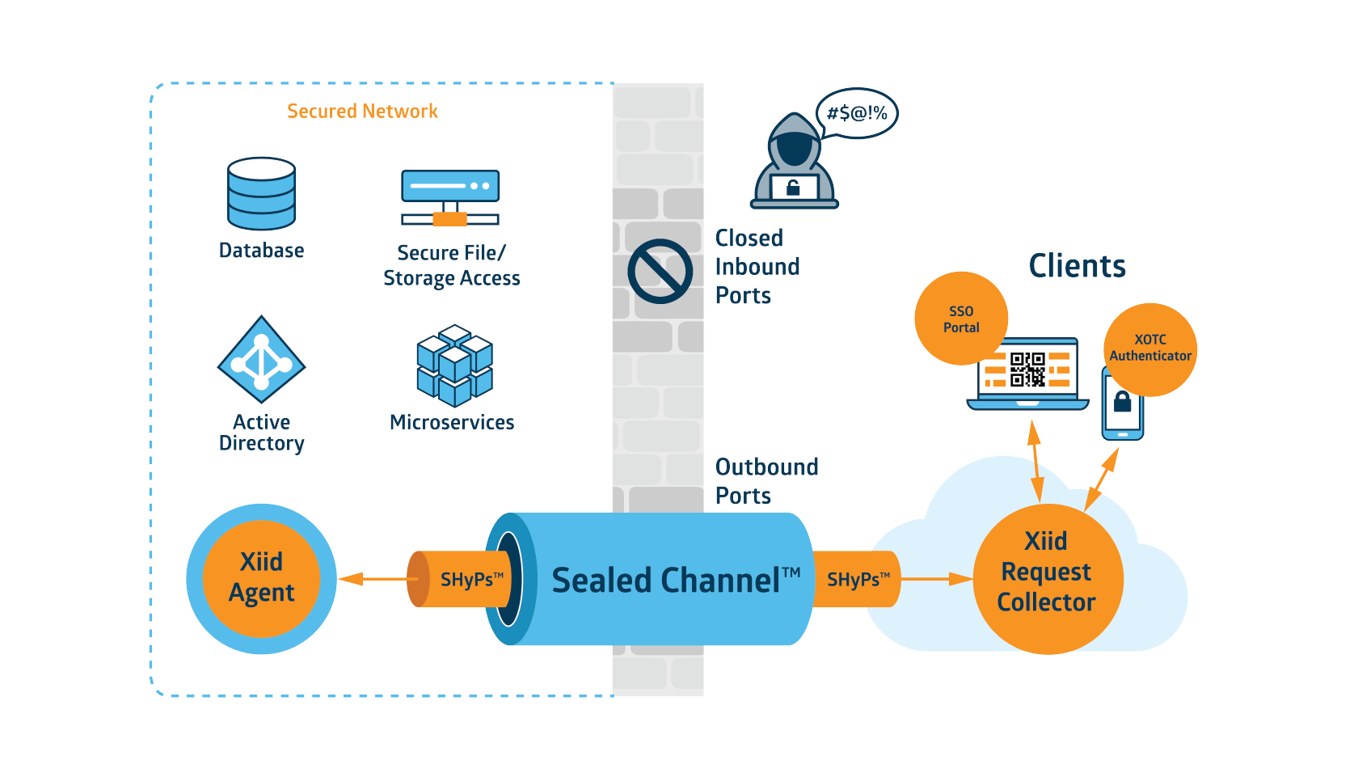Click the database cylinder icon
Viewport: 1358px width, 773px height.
[261, 194]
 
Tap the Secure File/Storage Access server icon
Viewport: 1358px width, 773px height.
[449, 197]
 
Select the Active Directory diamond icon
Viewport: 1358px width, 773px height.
[261, 360]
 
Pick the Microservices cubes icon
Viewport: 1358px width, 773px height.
[454, 365]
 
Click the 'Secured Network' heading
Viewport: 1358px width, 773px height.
[362, 112]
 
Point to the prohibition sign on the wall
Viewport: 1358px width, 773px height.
[660, 272]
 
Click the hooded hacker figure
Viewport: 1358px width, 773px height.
[794, 161]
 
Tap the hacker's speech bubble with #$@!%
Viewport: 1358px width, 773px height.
[857, 113]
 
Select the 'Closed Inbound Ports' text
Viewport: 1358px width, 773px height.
[757, 267]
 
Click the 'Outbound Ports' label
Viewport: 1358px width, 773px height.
[767, 481]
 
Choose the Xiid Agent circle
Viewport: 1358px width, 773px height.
[261, 579]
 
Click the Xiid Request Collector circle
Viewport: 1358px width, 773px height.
[1048, 579]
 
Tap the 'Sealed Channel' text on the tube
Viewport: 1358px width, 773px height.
[676, 581]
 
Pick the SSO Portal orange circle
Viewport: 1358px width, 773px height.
[962, 319]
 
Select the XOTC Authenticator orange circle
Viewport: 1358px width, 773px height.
[1150, 350]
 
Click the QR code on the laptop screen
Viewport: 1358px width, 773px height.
[1027, 370]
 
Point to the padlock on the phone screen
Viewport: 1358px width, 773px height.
[1122, 401]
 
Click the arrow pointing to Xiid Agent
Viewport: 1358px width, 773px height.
[373, 579]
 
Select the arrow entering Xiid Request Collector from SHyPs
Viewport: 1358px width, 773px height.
[937, 579]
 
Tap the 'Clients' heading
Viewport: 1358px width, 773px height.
[1078, 265]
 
